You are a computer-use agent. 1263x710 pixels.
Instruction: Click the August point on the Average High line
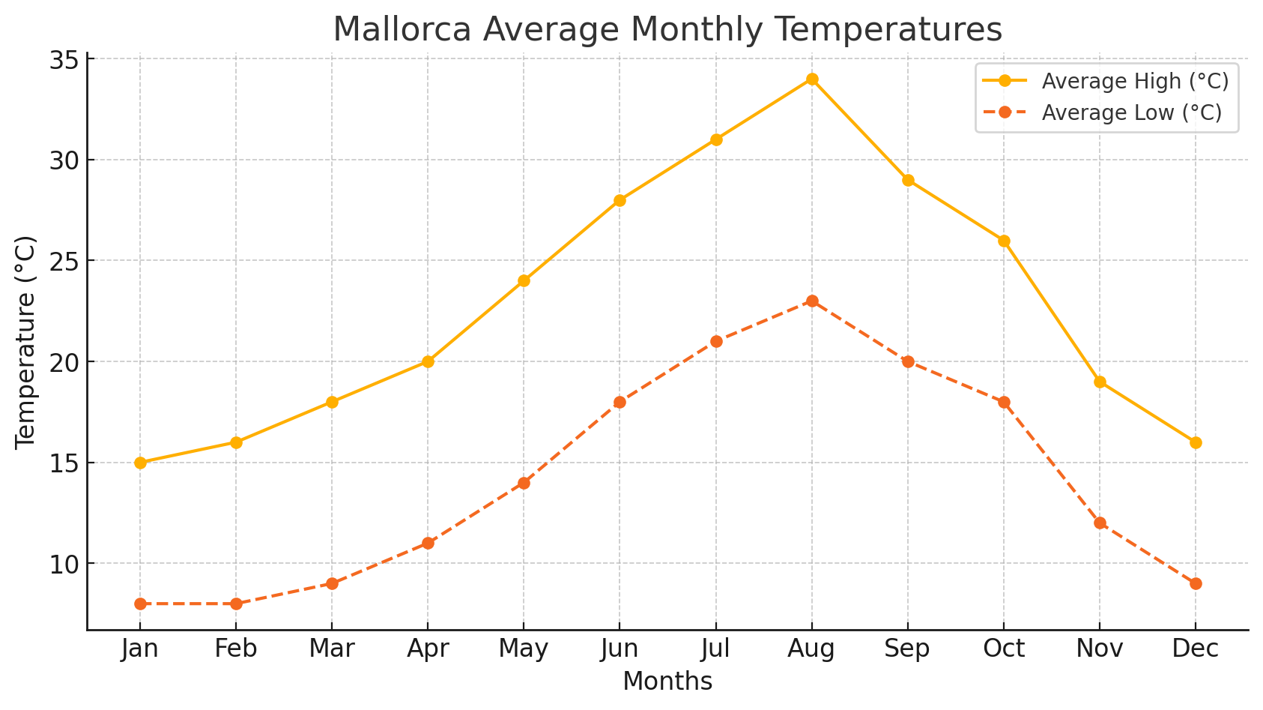(811, 79)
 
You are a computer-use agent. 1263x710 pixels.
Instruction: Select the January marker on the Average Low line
(140, 604)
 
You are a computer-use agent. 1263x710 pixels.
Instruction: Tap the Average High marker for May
(524, 281)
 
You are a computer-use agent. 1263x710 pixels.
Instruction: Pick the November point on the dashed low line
(1100, 523)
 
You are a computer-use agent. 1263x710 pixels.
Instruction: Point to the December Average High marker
(1196, 442)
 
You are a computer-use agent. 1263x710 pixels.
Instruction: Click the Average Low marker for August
(811, 301)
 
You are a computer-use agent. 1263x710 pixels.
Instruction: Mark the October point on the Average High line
(1004, 241)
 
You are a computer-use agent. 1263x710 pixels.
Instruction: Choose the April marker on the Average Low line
(428, 543)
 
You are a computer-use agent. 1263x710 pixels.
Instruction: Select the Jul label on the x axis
(715, 649)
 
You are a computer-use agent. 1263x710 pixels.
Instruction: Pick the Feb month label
(236, 649)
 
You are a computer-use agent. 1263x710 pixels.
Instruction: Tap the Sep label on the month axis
(907, 649)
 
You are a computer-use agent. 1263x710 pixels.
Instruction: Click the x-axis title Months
(667, 682)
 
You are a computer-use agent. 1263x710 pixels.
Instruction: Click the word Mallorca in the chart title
(402, 30)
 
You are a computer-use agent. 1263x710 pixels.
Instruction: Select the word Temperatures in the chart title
(886, 30)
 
